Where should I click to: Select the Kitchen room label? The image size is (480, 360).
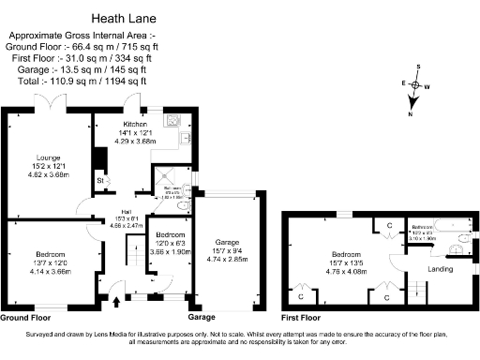pyautogui.click(x=134, y=124)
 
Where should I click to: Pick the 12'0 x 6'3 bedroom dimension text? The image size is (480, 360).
pyautogui.click(x=170, y=244)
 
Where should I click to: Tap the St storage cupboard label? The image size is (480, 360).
pyautogui.click(x=99, y=180)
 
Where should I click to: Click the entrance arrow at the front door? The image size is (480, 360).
pyautogui.click(x=116, y=302)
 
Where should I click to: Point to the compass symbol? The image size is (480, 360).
pyautogui.click(x=414, y=85)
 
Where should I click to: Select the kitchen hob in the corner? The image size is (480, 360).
pyautogui.click(x=173, y=119)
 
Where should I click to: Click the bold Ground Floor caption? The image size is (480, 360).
pyautogui.click(x=25, y=317)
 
